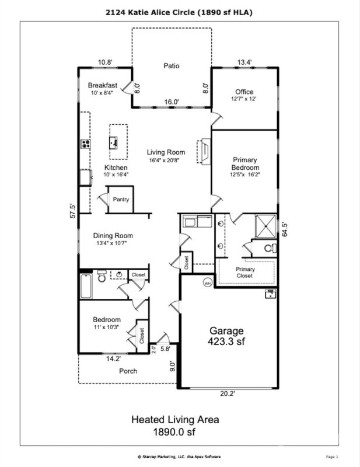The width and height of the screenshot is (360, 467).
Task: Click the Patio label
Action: click(170, 66)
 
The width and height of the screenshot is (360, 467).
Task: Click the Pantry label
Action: click(121, 200)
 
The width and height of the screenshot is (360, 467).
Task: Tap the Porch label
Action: click(128, 371)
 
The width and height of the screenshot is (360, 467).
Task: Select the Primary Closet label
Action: click(245, 273)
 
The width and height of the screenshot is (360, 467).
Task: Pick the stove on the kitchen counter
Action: click(85, 144)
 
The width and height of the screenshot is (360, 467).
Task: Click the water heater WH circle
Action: click(207, 283)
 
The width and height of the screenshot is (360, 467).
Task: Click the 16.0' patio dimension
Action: click(170, 102)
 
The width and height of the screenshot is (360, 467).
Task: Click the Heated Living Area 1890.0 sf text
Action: click(175, 425)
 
